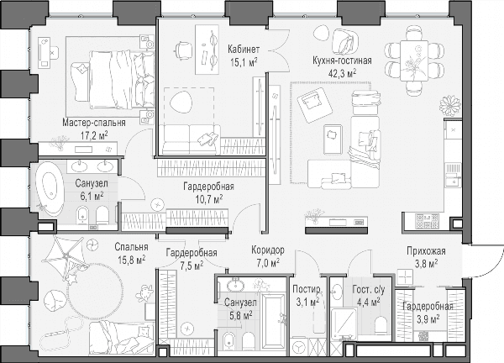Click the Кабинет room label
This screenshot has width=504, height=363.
click(244, 50)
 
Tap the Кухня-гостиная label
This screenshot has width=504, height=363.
click(342, 60)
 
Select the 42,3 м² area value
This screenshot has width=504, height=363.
click(342, 73)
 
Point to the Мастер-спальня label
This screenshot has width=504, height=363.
click(94, 123)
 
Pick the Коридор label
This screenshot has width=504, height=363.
click(268, 250)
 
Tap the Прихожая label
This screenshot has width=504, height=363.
click(426, 251)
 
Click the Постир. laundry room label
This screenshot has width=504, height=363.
click(307, 289)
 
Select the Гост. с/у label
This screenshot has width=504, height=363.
click(369, 290)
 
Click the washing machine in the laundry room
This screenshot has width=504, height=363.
click(298, 347)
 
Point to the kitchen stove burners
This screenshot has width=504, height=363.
click(427, 221)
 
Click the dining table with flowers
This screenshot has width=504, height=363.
click(414, 60)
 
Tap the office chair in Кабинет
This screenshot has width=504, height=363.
click(183, 50)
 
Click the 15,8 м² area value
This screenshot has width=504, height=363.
click(132, 260)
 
